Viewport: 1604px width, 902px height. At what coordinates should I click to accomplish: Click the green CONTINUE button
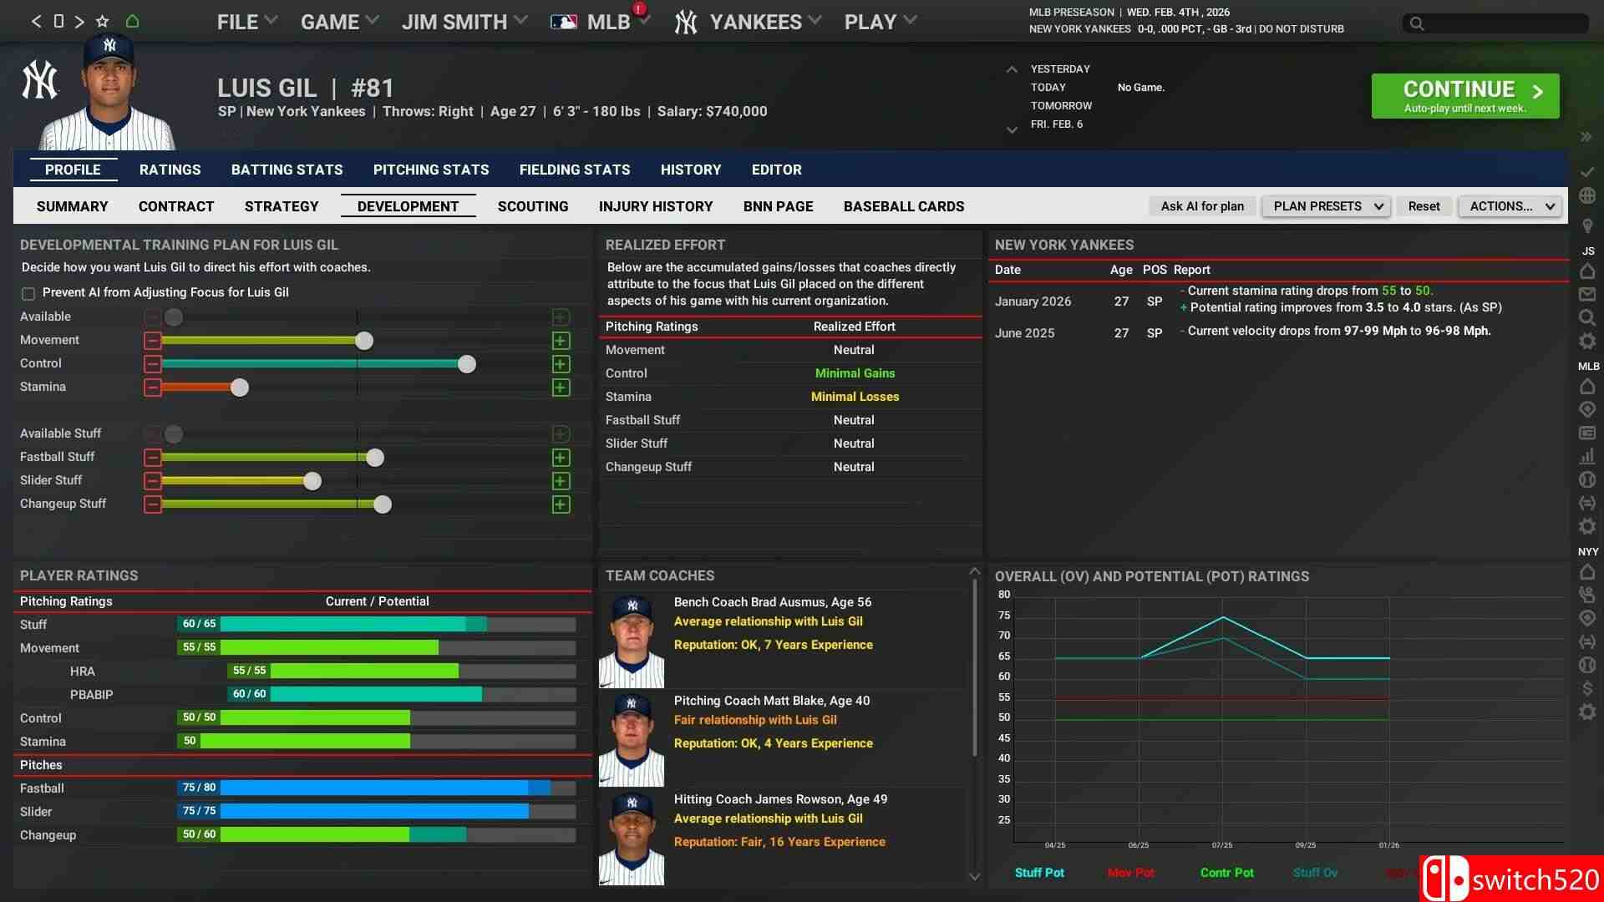[1464, 96]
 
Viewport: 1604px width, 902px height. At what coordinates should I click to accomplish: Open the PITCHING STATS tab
[430, 170]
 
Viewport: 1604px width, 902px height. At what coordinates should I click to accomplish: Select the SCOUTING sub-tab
[532, 206]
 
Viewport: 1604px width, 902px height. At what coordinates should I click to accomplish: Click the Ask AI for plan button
[1201, 206]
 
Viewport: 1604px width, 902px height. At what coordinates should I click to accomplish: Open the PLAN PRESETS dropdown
[1326, 206]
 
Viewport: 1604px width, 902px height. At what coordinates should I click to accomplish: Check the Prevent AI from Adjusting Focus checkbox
[28, 293]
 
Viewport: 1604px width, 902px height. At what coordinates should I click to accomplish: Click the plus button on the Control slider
[561, 364]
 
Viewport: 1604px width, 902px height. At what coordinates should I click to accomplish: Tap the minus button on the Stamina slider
[152, 388]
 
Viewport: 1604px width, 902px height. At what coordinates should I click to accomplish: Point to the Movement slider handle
[364, 341]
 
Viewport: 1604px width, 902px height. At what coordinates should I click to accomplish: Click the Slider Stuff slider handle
[312, 481]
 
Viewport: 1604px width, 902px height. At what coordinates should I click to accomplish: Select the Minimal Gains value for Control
[855, 373]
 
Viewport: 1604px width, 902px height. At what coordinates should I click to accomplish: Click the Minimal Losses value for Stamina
[855, 397]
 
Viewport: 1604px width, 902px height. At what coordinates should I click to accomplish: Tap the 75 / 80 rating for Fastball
[199, 788]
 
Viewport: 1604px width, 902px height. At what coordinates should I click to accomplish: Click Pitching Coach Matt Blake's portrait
[632, 739]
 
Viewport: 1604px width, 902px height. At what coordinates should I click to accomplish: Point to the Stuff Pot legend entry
[1039, 873]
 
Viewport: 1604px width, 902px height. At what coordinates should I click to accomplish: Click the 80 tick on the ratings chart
[1004, 595]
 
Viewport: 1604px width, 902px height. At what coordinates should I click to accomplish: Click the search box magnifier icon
[1417, 23]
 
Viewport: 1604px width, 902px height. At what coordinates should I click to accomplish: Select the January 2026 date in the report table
[1033, 302]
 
